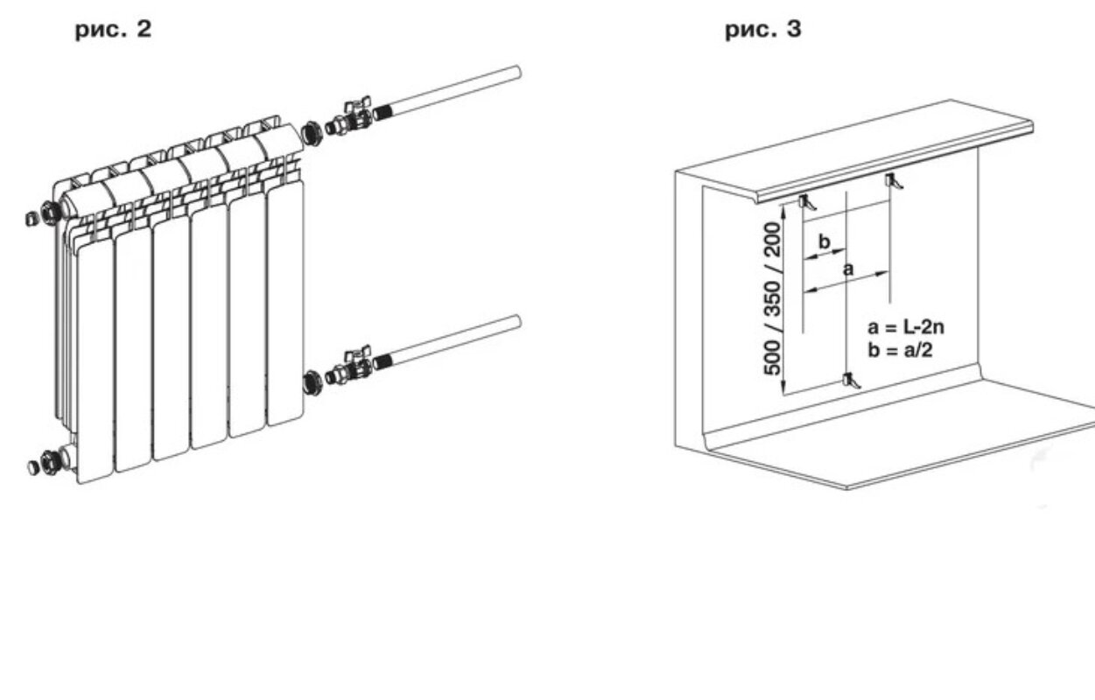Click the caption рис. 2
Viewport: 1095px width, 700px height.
point(113,30)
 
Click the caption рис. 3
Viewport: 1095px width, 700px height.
point(763,30)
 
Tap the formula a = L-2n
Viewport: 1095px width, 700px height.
point(906,327)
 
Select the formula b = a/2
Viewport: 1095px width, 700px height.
point(900,350)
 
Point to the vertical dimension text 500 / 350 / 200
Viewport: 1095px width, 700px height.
point(773,298)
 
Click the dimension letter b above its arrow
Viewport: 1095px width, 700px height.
point(825,241)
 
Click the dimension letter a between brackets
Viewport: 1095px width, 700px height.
point(849,269)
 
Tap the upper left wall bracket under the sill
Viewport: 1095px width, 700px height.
point(807,202)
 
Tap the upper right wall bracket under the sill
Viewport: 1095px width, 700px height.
point(894,181)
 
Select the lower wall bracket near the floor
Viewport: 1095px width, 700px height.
point(852,381)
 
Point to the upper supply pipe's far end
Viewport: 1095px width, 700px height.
point(517,73)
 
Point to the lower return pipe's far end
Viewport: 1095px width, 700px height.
point(517,322)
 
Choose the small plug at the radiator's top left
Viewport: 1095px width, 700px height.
point(32,219)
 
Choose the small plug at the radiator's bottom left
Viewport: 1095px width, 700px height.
point(32,467)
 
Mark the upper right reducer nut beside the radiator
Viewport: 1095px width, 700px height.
point(311,134)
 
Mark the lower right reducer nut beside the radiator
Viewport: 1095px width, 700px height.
point(311,382)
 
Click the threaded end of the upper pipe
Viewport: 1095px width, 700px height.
point(383,114)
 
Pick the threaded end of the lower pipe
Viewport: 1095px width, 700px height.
point(383,362)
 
